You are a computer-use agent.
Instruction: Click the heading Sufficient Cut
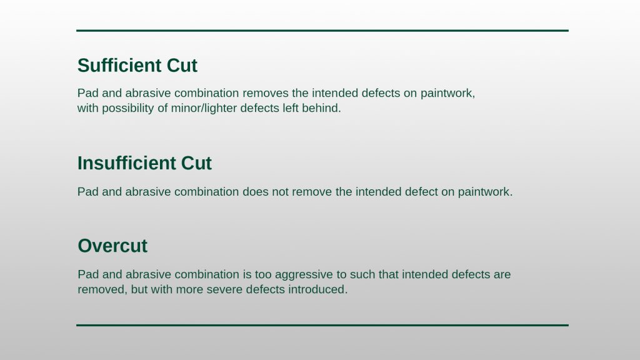pos(137,65)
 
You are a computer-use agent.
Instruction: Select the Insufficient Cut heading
pos(144,163)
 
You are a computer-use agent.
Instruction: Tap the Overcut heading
pos(112,246)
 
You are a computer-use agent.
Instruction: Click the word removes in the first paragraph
pos(265,93)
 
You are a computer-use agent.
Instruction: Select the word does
pos(256,192)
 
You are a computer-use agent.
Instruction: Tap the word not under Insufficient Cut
pos(280,192)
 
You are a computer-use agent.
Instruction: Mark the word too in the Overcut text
pos(263,274)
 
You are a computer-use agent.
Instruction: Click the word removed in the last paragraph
pos(102,290)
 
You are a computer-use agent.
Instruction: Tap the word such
pos(362,274)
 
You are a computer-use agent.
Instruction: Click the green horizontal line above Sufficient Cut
pos(322,31)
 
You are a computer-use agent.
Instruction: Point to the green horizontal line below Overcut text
pos(322,325)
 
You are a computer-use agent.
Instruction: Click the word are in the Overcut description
pos(502,274)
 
